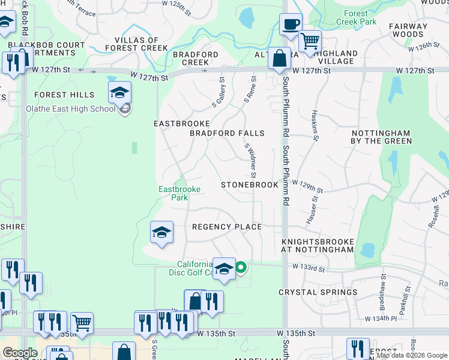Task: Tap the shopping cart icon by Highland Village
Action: pos(310,41)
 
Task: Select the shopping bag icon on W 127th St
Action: pos(279,59)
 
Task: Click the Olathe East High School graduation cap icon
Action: pos(119,93)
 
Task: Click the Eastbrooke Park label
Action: pos(179,193)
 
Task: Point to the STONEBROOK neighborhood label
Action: pos(250,185)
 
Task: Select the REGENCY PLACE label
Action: pos(227,227)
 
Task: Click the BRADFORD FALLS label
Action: pos(227,133)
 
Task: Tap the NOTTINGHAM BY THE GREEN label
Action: pos(381,137)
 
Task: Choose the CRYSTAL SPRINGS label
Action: pos(318,292)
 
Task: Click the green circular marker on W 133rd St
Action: pos(241,268)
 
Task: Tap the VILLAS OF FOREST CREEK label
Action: pos(137,44)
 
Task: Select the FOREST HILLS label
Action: pos(64,95)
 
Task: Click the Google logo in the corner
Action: pos(20,353)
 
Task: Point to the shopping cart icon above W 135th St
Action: pos(82,323)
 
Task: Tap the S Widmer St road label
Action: pos(250,160)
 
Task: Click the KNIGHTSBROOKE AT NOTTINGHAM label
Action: pos(318,244)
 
